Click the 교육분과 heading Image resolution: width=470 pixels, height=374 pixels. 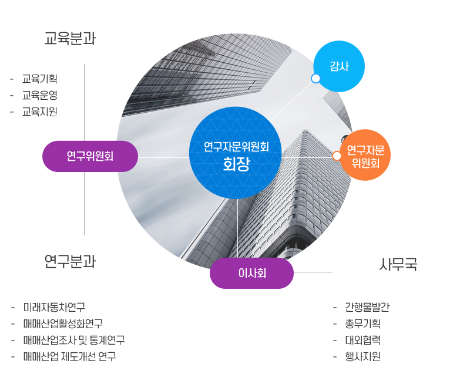pyautogui.click(x=70, y=39)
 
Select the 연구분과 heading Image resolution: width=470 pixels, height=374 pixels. pyautogui.click(x=70, y=261)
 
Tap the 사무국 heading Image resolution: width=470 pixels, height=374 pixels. pyautogui.click(x=398, y=265)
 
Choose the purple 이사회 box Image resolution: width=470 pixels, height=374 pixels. pyautogui.click(x=251, y=274)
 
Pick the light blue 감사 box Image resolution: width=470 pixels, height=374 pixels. pyautogui.click(x=340, y=66)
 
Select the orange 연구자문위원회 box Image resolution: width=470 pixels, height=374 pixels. pyautogui.click(x=365, y=155)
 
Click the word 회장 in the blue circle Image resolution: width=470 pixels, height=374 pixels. pyautogui.click(x=236, y=164)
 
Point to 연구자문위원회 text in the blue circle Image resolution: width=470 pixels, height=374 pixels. pyautogui.click(x=236, y=147)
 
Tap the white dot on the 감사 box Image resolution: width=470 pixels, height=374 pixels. pyautogui.click(x=315, y=78)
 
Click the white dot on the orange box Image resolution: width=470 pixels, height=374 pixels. pyautogui.click(x=337, y=156)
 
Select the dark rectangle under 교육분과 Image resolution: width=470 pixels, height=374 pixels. pyautogui.click(x=33, y=95)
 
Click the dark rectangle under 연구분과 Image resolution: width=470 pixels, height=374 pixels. pyautogui.click(x=68, y=332)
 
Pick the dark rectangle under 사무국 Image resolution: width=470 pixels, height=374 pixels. pyautogui.click(x=361, y=332)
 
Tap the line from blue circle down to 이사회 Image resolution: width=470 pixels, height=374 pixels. pyautogui.click(x=237, y=229)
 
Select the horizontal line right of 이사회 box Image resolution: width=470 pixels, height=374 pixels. pyautogui.click(x=313, y=272)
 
